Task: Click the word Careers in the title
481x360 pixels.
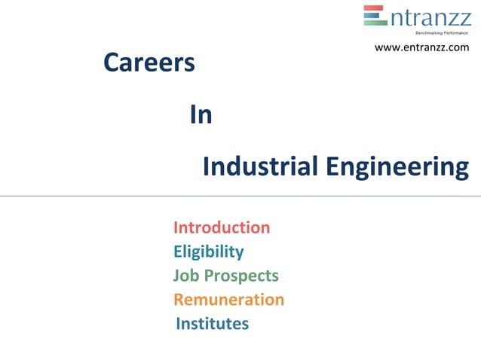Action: [x=149, y=63]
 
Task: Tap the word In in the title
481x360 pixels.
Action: [x=201, y=115]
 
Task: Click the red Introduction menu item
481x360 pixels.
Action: [x=222, y=227]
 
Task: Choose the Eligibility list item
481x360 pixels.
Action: [x=208, y=252]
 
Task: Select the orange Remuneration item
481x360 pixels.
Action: [x=228, y=300]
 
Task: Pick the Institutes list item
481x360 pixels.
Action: [x=212, y=324]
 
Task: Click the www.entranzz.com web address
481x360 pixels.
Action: [x=421, y=47]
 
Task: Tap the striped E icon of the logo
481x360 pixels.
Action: [x=375, y=16]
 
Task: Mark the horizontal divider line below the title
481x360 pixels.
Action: [x=240, y=196]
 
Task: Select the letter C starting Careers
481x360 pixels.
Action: [x=112, y=63]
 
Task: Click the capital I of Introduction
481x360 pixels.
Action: [x=176, y=227]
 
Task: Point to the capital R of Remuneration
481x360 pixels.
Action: [x=179, y=300]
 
